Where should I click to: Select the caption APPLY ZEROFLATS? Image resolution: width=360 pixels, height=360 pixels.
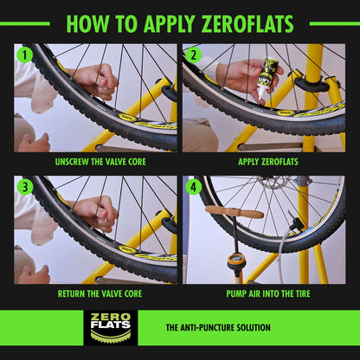[x=263, y=161]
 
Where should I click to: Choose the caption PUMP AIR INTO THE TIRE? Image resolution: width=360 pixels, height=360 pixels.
[x=263, y=292]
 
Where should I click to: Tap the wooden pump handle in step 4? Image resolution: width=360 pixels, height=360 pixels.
[x=234, y=211]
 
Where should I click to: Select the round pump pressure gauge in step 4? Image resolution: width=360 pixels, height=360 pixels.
[x=235, y=257]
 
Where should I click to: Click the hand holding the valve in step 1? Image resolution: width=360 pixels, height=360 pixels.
[x=95, y=80]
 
